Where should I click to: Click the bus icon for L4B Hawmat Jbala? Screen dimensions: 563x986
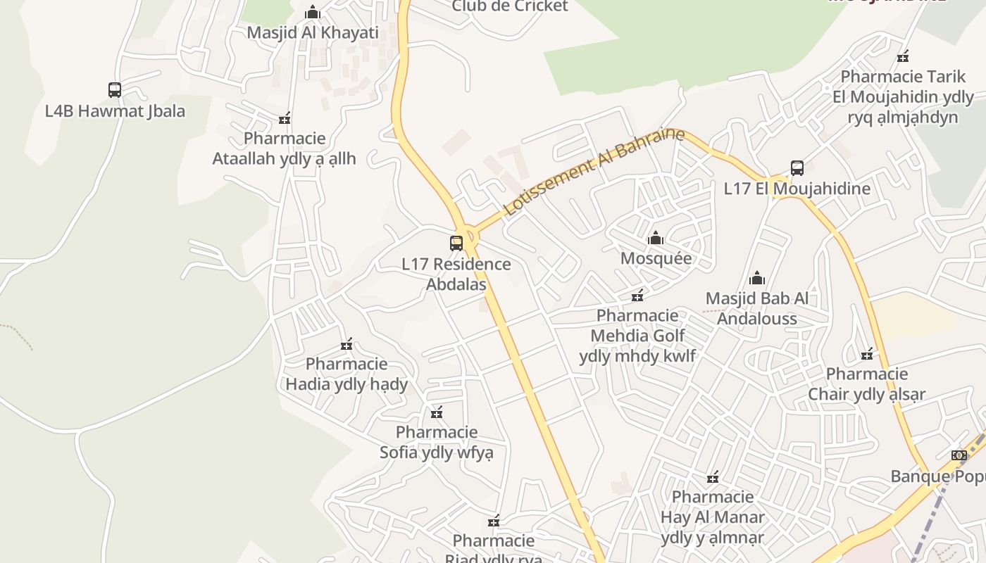click(x=115, y=90)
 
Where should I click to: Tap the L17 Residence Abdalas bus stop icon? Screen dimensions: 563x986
click(x=456, y=243)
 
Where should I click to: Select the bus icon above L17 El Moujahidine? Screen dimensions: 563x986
click(x=797, y=168)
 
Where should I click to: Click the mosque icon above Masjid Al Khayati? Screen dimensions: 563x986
click(x=313, y=12)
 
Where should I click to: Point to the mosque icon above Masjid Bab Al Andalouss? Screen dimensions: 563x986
click(x=757, y=278)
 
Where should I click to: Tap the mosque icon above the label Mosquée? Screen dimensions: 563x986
click(x=656, y=238)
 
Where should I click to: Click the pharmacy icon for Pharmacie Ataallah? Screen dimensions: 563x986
click(x=285, y=118)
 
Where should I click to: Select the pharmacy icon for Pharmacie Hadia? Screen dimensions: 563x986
click(x=347, y=344)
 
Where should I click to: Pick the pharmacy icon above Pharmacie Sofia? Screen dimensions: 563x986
click(x=437, y=412)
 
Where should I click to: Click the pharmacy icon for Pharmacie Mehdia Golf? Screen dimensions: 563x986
click(x=637, y=295)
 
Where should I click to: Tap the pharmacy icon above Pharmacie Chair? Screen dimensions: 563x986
click(x=867, y=353)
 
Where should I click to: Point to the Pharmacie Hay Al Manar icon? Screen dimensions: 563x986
click(x=713, y=477)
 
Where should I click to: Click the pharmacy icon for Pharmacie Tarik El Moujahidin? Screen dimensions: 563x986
click(x=903, y=56)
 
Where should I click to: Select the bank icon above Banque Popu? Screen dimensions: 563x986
click(x=959, y=455)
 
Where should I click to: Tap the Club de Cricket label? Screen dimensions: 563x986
click(x=510, y=6)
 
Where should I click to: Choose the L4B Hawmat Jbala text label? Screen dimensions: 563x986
click(x=115, y=111)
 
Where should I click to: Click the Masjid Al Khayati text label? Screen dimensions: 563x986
click(x=313, y=32)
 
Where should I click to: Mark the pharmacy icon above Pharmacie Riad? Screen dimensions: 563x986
click(x=494, y=521)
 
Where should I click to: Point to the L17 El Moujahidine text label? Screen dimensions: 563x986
click(x=797, y=189)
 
